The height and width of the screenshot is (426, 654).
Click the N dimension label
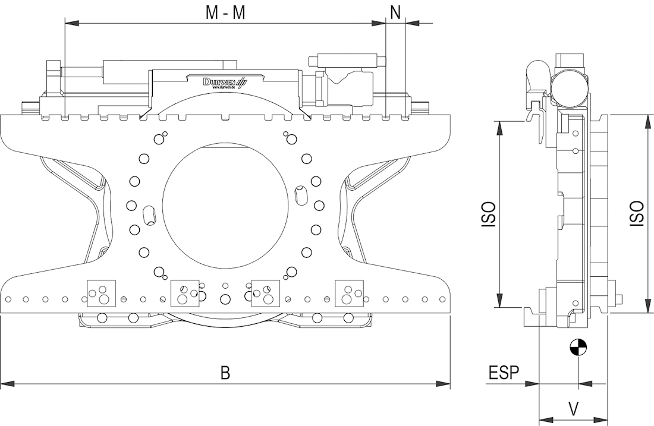[x=395, y=11]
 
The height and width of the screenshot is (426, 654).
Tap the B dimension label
[x=225, y=373]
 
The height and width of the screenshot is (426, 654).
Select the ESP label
[x=504, y=373]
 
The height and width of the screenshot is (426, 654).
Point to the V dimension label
[x=573, y=408]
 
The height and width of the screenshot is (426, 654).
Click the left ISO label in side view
[x=489, y=214]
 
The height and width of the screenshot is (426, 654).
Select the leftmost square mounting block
[x=99, y=292]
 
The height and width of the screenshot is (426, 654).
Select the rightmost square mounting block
[x=349, y=292]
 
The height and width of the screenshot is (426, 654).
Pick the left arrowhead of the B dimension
[x=7, y=384]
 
